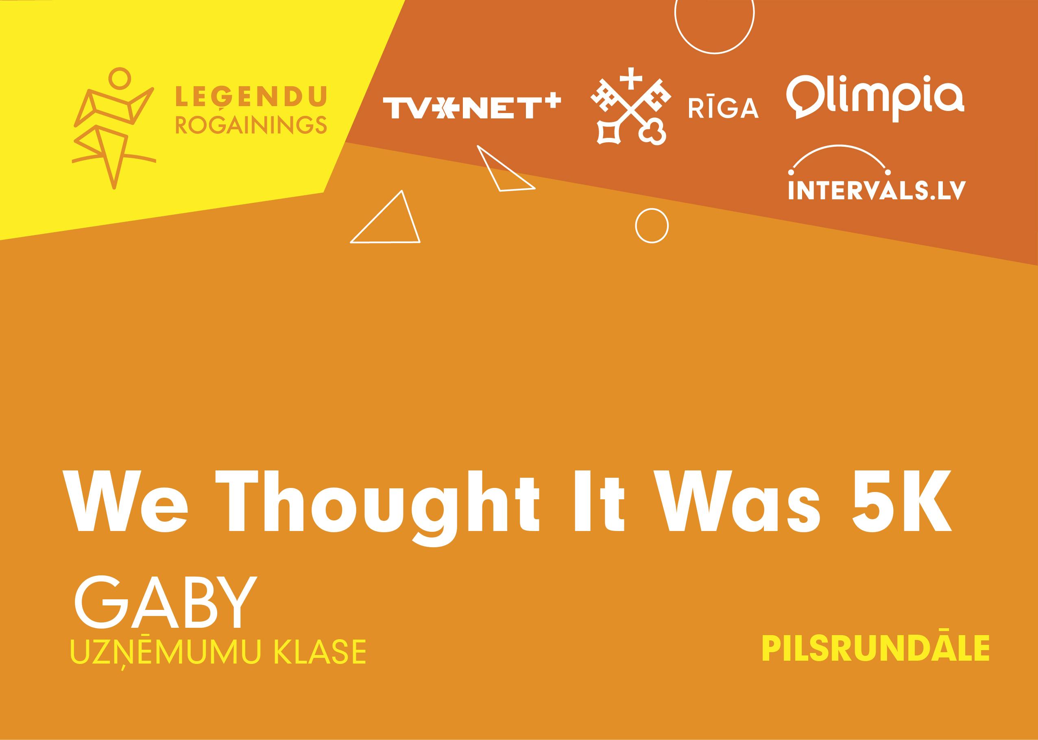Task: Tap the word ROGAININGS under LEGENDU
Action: click(251, 124)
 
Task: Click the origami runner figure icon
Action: click(114, 128)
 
